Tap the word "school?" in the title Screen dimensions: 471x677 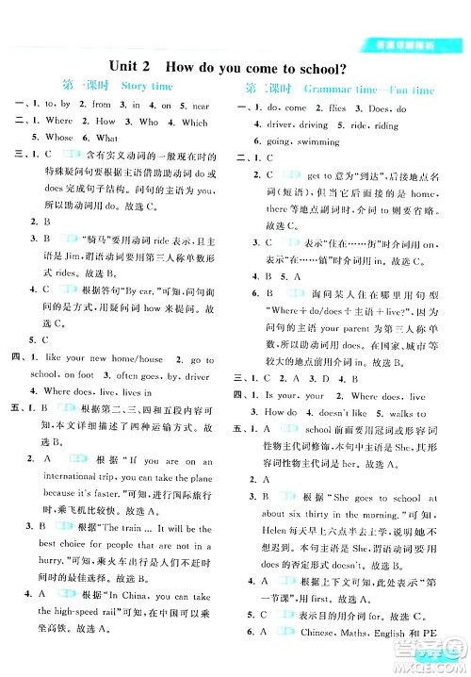tap(314, 67)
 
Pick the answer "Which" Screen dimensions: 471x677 tap(194, 122)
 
